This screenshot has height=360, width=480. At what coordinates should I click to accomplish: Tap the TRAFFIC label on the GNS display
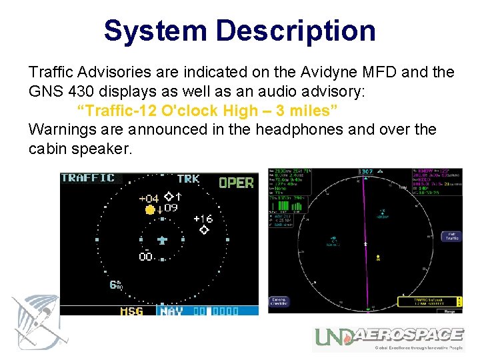tap(87, 178)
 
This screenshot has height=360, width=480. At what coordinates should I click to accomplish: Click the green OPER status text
tap(236, 182)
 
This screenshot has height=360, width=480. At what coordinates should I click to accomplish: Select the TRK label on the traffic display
tap(188, 179)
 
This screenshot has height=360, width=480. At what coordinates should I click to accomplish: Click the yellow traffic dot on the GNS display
tap(150, 209)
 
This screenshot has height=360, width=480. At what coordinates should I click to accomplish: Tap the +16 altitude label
tap(203, 219)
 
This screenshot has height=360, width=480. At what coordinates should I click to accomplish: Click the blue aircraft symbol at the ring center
tap(162, 239)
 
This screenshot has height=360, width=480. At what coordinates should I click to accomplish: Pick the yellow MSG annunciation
tap(131, 311)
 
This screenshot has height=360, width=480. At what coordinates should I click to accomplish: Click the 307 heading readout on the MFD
tap(366, 172)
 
